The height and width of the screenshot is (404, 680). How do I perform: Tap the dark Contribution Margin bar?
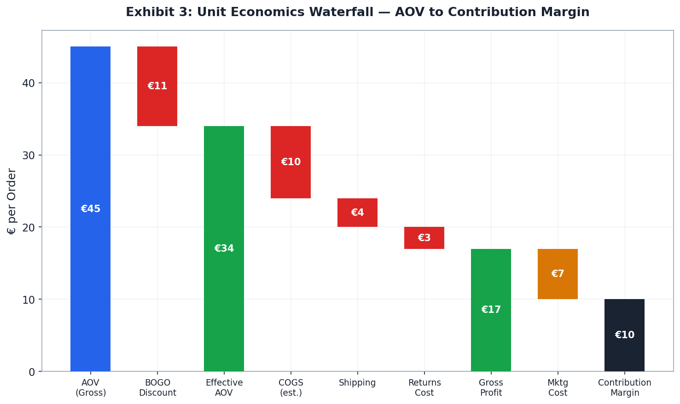[x=624, y=354]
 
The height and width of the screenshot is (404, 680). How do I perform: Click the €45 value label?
[x=90, y=209]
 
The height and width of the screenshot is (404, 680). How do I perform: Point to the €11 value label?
[x=157, y=86]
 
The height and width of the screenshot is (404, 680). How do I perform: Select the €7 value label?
[x=558, y=274]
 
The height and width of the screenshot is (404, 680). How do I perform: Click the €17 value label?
[x=491, y=310]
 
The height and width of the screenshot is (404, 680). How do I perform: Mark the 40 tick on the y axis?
[x=29, y=83]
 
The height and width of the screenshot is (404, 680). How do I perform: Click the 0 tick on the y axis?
[x=32, y=372]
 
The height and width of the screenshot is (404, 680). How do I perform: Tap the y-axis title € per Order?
[x=12, y=201]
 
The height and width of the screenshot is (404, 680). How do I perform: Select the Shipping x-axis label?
[x=357, y=383]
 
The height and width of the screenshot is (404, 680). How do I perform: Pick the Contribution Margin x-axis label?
[x=624, y=388]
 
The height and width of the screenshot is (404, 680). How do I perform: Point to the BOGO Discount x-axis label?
[x=157, y=388]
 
